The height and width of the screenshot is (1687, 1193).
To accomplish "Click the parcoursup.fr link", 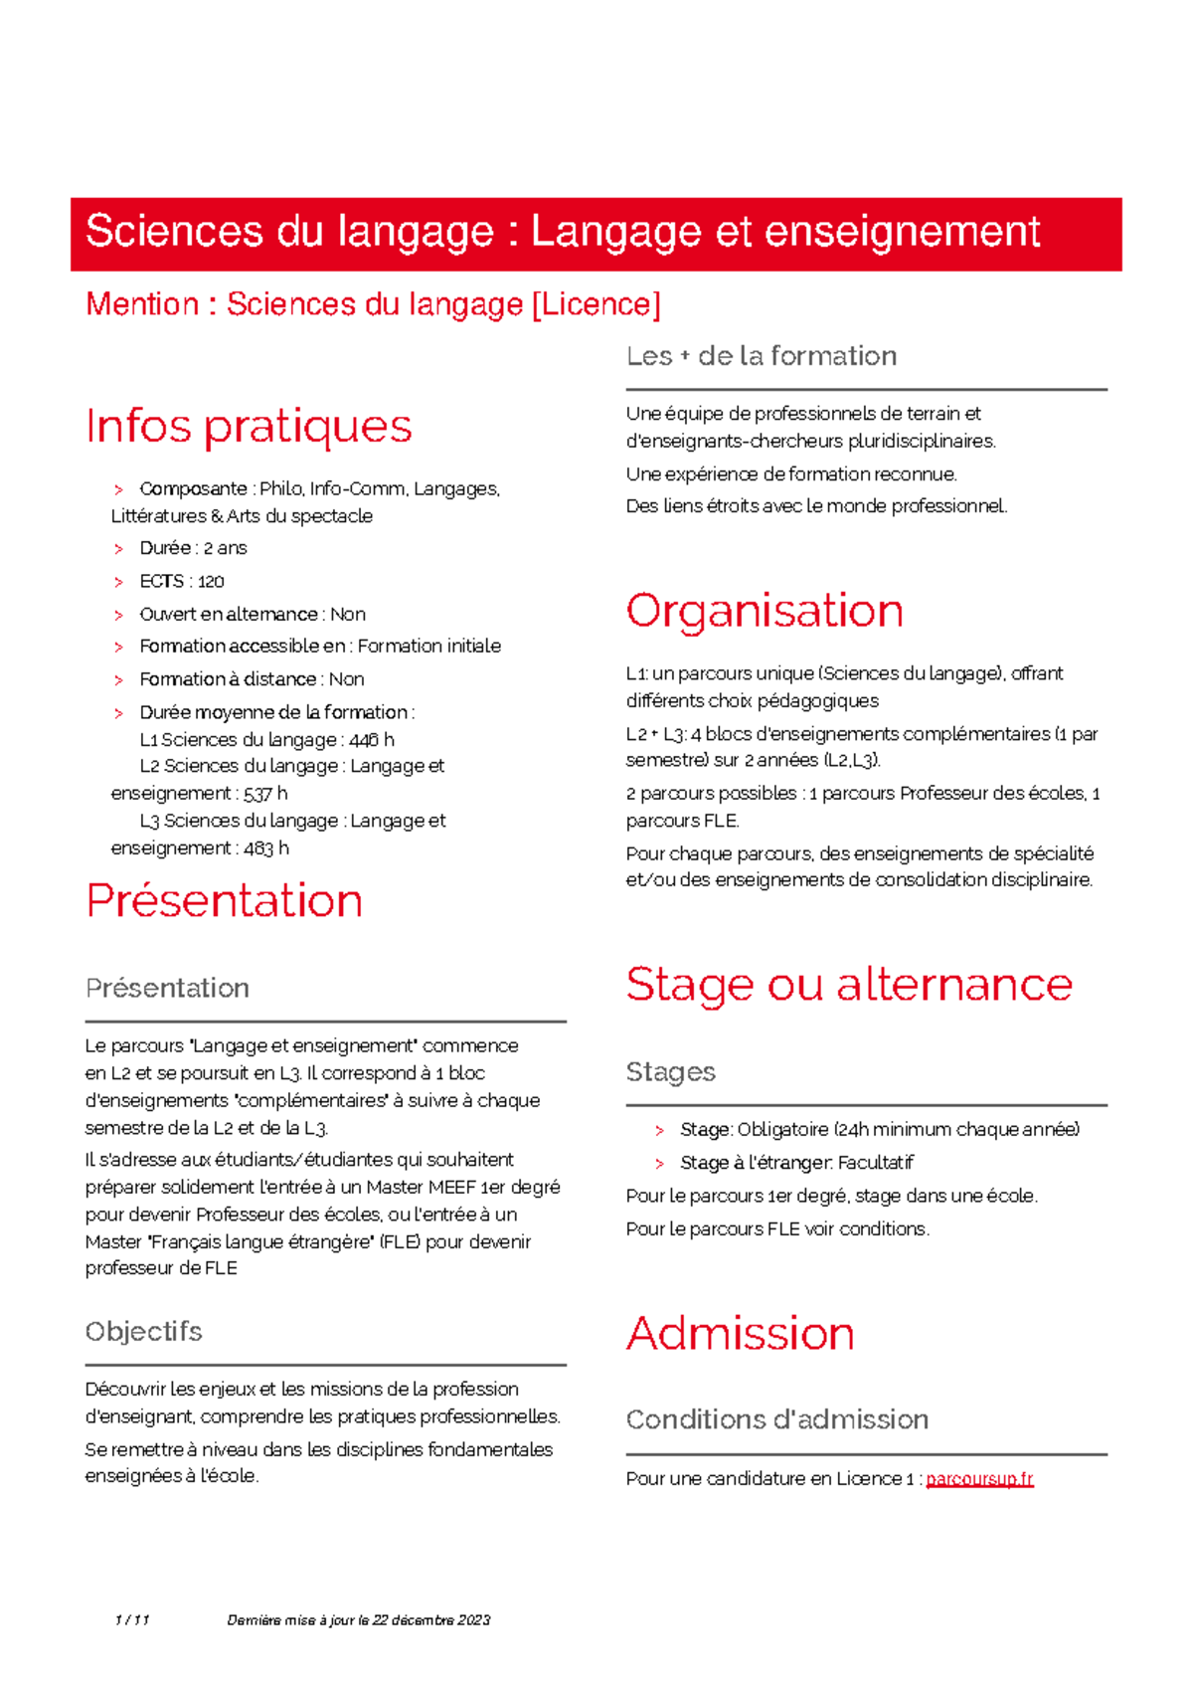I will (x=979, y=1479).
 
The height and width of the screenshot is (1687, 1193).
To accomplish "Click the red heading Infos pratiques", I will (x=249, y=427).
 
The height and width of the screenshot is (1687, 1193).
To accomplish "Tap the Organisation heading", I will (x=764, y=611).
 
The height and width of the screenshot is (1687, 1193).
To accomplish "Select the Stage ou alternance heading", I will (x=848, y=985).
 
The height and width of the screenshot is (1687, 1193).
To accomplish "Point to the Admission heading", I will (x=740, y=1334).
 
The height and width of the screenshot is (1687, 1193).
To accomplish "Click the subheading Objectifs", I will (x=143, y=1332).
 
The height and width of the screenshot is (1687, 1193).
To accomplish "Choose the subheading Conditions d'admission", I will (x=776, y=1419).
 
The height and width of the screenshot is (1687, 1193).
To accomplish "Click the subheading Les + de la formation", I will (x=761, y=356).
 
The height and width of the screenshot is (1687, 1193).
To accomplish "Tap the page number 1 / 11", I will (x=131, y=1620).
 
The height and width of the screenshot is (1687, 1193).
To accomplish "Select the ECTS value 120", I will (x=211, y=582).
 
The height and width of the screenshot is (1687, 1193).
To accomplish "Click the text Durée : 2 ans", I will (x=193, y=548).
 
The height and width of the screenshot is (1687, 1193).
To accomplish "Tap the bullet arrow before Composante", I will (x=118, y=489).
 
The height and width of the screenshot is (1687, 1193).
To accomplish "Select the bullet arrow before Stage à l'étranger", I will (x=659, y=1163).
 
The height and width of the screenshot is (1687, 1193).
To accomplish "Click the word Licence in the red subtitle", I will (x=596, y=304).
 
